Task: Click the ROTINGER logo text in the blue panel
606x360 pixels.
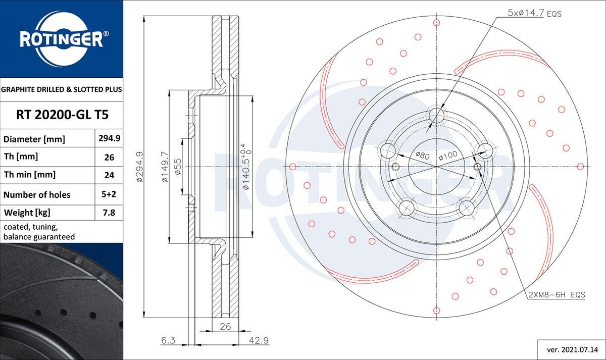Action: pos(61,39)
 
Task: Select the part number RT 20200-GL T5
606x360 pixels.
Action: pos(62,115)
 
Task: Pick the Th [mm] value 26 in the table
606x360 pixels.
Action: pos(109,157)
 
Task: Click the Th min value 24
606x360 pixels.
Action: pos(109,175)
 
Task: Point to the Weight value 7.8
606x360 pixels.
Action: pos(109,213)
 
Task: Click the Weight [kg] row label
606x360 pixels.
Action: pos(27,213)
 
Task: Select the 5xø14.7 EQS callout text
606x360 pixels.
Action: pos(534,14)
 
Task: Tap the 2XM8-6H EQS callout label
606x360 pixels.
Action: pos(557,294)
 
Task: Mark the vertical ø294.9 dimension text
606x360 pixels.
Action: pos(139,166)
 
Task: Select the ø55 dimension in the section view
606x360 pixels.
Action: pos(178,166)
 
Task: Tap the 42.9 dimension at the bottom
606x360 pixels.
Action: pos(259,341)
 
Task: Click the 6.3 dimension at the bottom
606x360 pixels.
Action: pos(168,341)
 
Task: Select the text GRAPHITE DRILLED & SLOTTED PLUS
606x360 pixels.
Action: pos(62,89)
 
